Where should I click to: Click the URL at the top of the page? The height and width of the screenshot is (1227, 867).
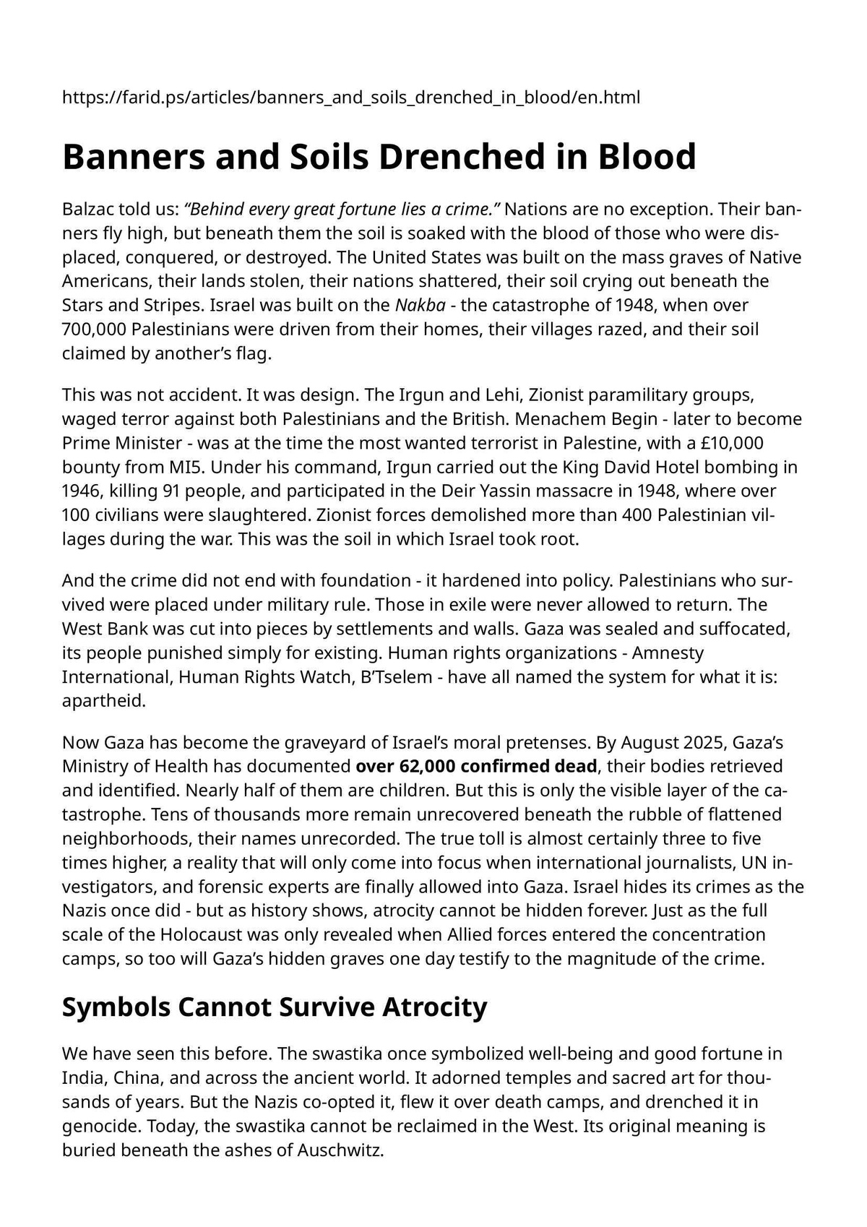pyautogui.click(x=351, y=98)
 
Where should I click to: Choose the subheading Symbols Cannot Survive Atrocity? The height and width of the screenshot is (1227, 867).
pyautogui.click(x=275, y=1007)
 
